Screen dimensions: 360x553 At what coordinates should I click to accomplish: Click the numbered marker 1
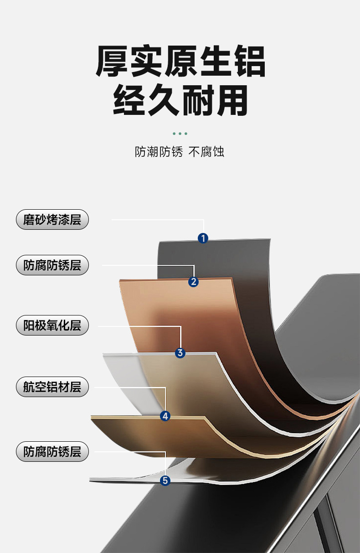click(203, 238)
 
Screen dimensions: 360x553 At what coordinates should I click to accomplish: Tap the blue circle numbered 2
click(194, 282)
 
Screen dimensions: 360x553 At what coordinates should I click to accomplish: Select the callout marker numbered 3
click(180, 352)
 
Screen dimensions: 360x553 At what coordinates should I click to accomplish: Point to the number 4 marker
click(165, 415)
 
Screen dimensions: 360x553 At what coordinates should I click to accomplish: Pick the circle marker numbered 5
click(165, 480)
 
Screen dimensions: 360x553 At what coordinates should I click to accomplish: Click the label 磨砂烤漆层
click(52, 220)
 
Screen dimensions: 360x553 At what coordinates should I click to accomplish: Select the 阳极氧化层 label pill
click(52, 326)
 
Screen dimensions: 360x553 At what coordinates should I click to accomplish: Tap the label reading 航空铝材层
click(52, 388)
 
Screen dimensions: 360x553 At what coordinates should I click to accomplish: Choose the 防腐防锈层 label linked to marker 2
click(52, 265)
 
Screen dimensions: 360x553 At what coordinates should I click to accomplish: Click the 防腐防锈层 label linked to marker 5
click(52, 452)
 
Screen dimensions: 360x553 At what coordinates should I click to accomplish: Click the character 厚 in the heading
click(113, 61)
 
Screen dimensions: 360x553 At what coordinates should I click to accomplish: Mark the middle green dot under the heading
click(180, 134)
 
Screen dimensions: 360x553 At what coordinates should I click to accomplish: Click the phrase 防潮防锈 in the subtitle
click(159, 152)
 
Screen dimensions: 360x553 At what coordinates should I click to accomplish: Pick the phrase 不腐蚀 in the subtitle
click(206, 152)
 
